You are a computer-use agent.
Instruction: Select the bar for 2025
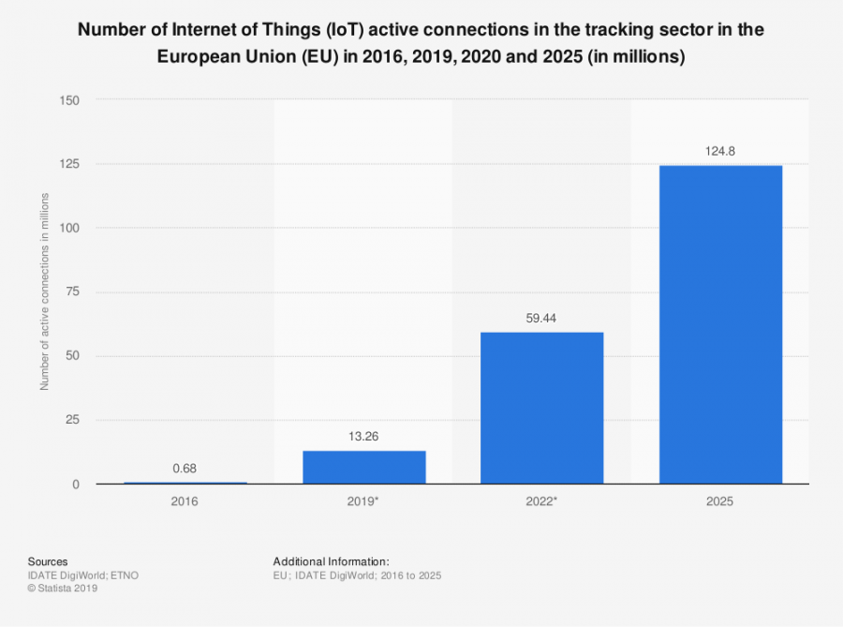(720, 324)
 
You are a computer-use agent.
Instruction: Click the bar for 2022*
(541, 408)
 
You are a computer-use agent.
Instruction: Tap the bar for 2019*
(363, 467)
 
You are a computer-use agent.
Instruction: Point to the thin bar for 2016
(185, 483)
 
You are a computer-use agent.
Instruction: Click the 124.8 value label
(720, 150)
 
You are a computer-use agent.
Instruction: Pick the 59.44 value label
(541, 317)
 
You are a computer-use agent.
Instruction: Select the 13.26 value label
(363, 436)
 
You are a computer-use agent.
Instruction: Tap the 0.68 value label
(185, 468)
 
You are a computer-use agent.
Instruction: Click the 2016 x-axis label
(185, 502)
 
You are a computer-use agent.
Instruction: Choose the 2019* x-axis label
(363, 502)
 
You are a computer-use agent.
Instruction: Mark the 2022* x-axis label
(541, 502)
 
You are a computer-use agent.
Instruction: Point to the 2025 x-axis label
(720, 502)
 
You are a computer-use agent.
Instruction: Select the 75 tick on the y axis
(72, 292)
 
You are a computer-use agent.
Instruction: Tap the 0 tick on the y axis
(76, 485)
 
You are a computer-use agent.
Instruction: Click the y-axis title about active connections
(44, 292)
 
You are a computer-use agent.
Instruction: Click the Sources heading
(48, 561)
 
